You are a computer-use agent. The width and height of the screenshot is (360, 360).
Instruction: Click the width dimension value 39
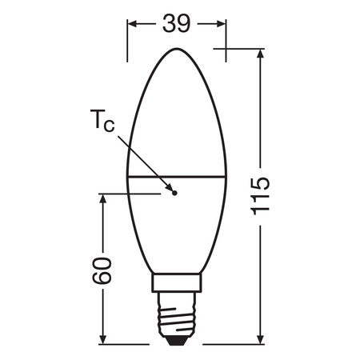tap(175, 24)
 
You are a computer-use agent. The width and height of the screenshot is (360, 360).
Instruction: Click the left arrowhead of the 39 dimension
tap(133, 24)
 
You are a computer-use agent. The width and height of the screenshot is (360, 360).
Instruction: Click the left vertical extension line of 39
tap(127, 40)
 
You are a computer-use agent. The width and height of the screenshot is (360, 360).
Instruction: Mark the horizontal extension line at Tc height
tap(120, 192)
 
